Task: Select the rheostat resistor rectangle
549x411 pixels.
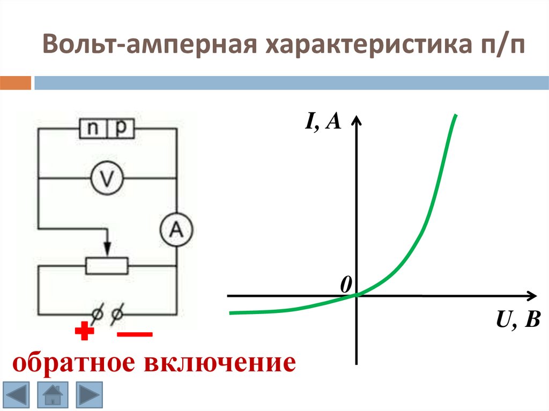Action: click(x=107, y=265)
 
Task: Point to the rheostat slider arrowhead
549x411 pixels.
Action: click(x=107, y=250)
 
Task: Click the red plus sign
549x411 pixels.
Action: click(x=84, y=333)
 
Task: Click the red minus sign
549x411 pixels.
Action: click(x=135, y=334)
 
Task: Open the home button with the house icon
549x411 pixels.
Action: click(x=53, y=395)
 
